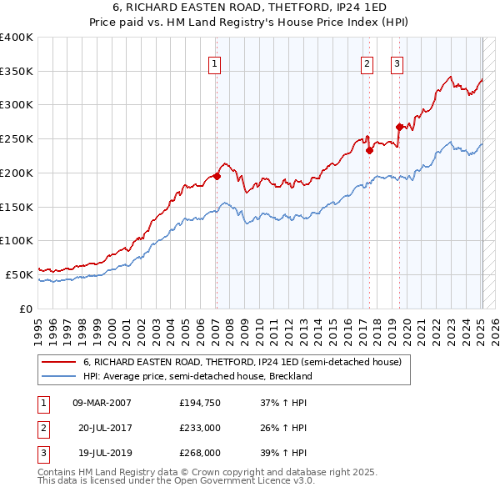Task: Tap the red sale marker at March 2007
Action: [x=217, y=176]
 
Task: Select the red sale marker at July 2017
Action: [x=368, y=150]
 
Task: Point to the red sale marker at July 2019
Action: [x=399, y=127]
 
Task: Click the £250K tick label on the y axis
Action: [x=16, y=138]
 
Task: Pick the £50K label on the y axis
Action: [x=19, y=274]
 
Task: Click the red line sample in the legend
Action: [x=58, y=363]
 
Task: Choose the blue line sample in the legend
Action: [x=58, y=376]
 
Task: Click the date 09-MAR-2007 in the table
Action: [x=102, y=403]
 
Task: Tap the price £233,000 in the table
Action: [x=199, y=428]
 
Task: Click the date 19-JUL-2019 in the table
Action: [x=101, y=453]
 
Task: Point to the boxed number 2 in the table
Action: [x=42, y=428]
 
